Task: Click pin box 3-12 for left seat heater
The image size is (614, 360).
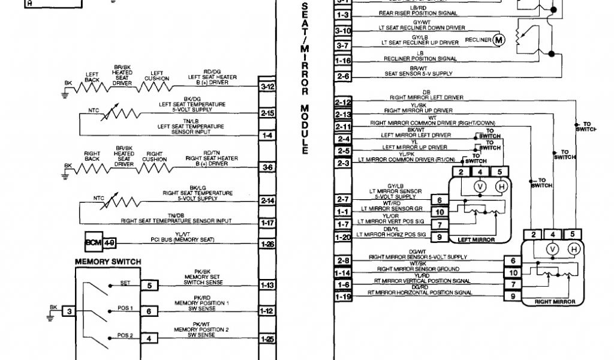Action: tap(267, 86)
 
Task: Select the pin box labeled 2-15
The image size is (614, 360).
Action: tap(267, 113)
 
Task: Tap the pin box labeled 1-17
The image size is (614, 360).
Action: tap(267, 223)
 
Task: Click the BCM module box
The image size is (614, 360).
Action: tap(94, 243)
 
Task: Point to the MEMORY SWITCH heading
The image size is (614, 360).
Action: tap(108, 262)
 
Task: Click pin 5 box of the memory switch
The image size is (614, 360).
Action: tap(149, 285)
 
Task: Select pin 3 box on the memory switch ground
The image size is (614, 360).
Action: tap(70, 311)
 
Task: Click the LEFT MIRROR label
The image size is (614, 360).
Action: tap(476, 239)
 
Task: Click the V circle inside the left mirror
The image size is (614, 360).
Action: tap(479, 187)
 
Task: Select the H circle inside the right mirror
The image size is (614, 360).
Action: tap(573, 248)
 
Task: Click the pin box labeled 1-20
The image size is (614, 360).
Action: tap(343, 237)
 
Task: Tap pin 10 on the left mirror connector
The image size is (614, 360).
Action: tap(440, 212)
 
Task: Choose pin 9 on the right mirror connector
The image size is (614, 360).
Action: tap(512, 296)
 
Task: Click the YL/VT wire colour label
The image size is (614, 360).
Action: tap(183, 235)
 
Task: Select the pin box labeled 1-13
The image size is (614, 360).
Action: tap(267, 285)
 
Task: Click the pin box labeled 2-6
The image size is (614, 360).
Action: tap(343, 76)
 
